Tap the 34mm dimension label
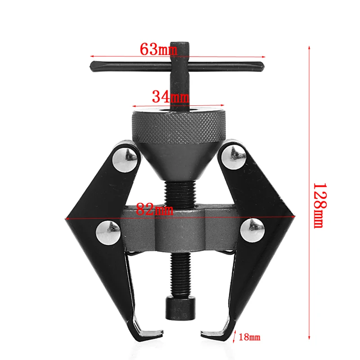coord(170,96)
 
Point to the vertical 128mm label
coord(319,205)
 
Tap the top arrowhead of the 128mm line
coord(310,48)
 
